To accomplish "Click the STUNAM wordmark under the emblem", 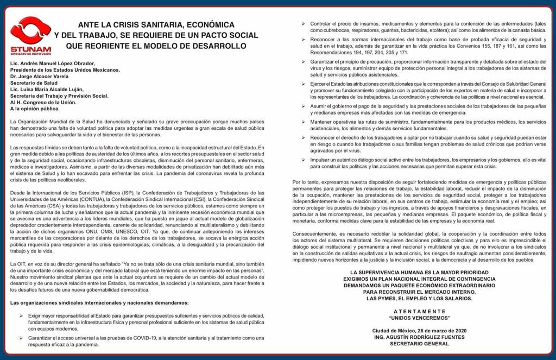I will click(30, 49).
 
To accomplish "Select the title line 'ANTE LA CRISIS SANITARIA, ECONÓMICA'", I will click(156, 25).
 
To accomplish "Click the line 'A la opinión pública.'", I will click(37, 109).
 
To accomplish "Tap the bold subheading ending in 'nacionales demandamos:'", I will click(100, 302).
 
